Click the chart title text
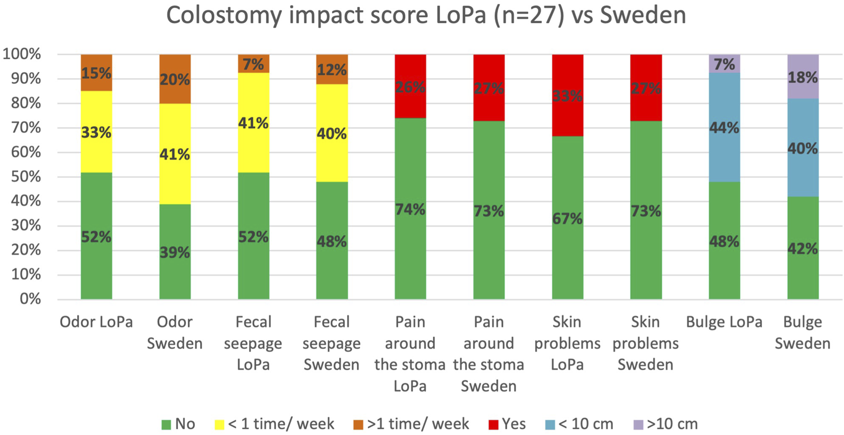[x=425, y=15]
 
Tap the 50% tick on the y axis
[x=22, y=177]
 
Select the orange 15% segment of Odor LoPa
[x=96, y=73]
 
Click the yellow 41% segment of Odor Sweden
[x=175, y=154]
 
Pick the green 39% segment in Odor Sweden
[x=175, y=252]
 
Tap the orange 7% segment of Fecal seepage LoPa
[x=253, y=64]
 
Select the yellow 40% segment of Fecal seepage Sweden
[x=332, y=133]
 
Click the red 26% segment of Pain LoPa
[x=410, y=87]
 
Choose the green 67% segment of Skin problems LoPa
[x=567, y=218]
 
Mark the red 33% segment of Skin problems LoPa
[x=567, y=96]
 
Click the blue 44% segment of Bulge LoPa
[x=724, y=128]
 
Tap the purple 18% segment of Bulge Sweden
[x=803, y=77]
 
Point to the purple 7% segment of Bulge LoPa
[x=724, y=64]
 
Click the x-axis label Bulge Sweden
[x=803, y=333]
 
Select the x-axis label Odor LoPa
[x=96, y=322]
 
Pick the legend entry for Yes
[x=508, y=424]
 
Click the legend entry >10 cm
[x=666, y=424]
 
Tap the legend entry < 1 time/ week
[x=275, y=424]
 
